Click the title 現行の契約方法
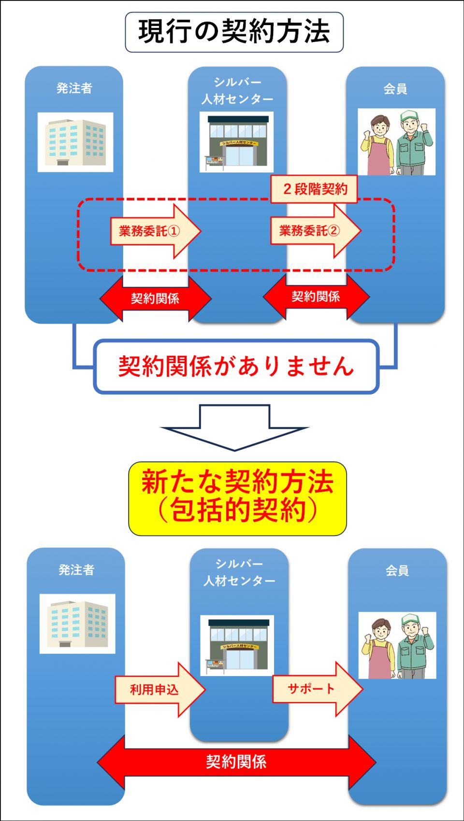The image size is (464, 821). point(234,32)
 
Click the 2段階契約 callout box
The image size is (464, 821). point(314,189)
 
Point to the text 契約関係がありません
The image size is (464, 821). point(236,366)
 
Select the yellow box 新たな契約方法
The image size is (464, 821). point(237,498)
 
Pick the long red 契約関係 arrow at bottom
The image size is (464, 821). point(236,762)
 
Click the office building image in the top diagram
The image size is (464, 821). point(75,142)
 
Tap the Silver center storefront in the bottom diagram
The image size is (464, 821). point(237,645)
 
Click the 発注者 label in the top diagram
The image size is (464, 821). point(74,88)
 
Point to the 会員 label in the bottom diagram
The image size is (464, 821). point(397,570)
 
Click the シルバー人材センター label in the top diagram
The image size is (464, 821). point(237,90)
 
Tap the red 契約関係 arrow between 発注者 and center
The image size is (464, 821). point(155,298)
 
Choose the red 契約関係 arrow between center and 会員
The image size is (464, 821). point(316,297)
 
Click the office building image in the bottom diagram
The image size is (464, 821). point(77,623)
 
